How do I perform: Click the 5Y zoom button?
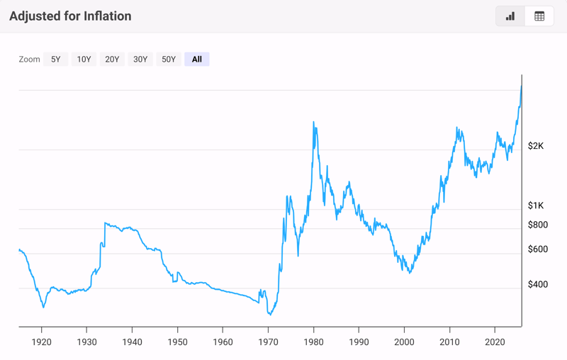55,60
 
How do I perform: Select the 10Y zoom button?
84,60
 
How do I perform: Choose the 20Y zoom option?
112,60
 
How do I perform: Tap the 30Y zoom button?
140,60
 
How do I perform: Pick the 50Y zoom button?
169,60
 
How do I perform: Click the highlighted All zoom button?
197,60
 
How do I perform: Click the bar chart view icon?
510,16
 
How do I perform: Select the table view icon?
539,16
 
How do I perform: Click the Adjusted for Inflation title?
70,16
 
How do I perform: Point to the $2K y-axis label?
536,146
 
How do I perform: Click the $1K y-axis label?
536,206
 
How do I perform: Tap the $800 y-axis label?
539,225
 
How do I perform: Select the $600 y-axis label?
539,249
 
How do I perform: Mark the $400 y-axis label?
539,285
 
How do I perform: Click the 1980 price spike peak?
313,123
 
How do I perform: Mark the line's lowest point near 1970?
269,314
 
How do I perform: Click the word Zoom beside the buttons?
29,60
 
